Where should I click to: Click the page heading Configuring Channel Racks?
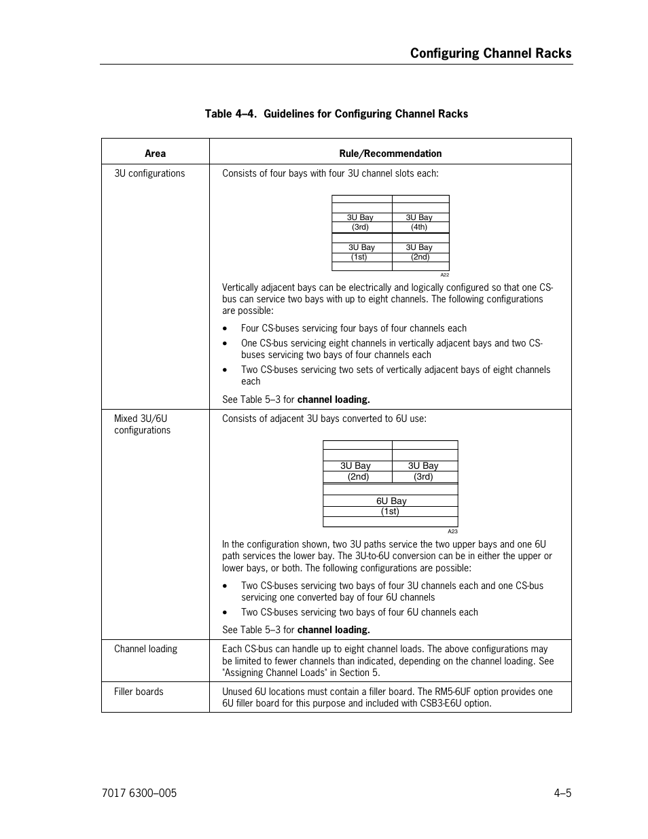[490, 53]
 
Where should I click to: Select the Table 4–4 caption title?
[336, 113]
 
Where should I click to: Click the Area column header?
[155, 154]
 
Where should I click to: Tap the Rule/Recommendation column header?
[390, 154]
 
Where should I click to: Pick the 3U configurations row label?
[149, 173]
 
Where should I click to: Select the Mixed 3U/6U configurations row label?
[142, 424]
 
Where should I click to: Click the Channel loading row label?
[145, 649]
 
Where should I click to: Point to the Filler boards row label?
[139, 692]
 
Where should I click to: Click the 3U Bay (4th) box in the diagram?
[419, 222]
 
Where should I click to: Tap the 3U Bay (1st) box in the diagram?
[361, 252]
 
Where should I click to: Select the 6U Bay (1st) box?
[391, 506]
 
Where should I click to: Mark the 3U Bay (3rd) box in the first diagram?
[360, 222]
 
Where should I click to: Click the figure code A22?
[444, 275]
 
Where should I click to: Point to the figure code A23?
[452, 531]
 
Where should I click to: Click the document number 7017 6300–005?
[138, 793]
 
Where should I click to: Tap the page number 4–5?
[562, 793]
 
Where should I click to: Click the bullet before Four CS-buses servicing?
[225, 329]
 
